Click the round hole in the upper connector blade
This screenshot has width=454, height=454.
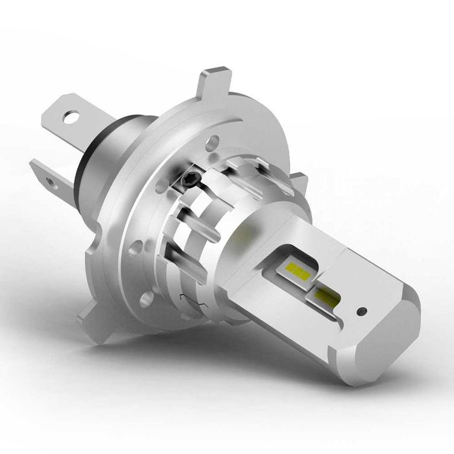click(x=71, y=117)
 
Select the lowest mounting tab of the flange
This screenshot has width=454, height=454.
click(x=91, y=318)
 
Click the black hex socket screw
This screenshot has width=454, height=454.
click(x=188, y=177)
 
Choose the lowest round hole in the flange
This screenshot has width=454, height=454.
click(x=147, y=300)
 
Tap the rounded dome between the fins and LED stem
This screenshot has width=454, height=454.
click(x=250, y=230)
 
